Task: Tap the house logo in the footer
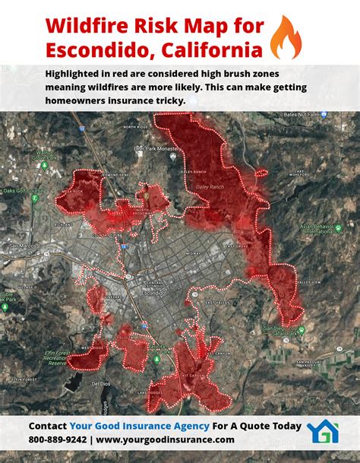323,431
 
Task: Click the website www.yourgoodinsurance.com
165,439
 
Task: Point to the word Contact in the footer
47,426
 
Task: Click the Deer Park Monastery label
156,150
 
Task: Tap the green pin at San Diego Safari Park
302,331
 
